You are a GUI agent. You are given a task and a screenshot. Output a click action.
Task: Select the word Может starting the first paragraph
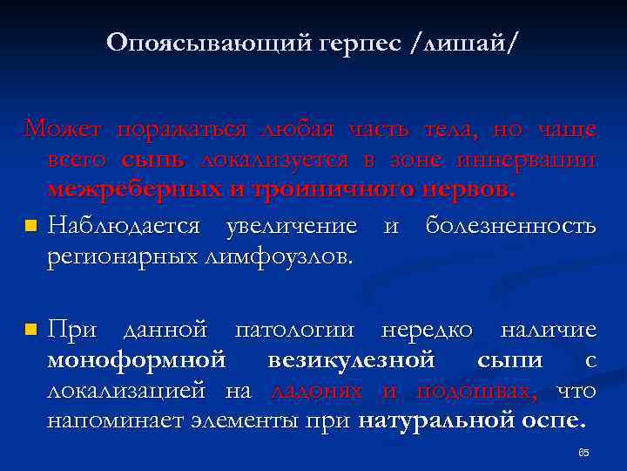pyautogui.click(x=64, y=131)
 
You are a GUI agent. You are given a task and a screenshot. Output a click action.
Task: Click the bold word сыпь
pyautogui.click(x=153, y=160)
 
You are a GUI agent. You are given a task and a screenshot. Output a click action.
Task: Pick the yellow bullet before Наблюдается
pyautogui.click(x=31, y=227)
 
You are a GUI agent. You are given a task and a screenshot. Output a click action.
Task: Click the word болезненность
pyautogui.click(x=511, y=226)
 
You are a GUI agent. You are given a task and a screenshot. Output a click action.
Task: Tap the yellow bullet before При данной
pyautogui.click(x=31, y=331)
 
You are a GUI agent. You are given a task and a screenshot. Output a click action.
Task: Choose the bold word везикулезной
pyautogui.click(x=352, y=359)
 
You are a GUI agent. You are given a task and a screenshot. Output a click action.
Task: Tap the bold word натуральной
pyautogui.click(x=423, y=420)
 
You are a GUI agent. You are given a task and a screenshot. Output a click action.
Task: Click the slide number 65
pyautogui.click(x=583, y=453)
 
